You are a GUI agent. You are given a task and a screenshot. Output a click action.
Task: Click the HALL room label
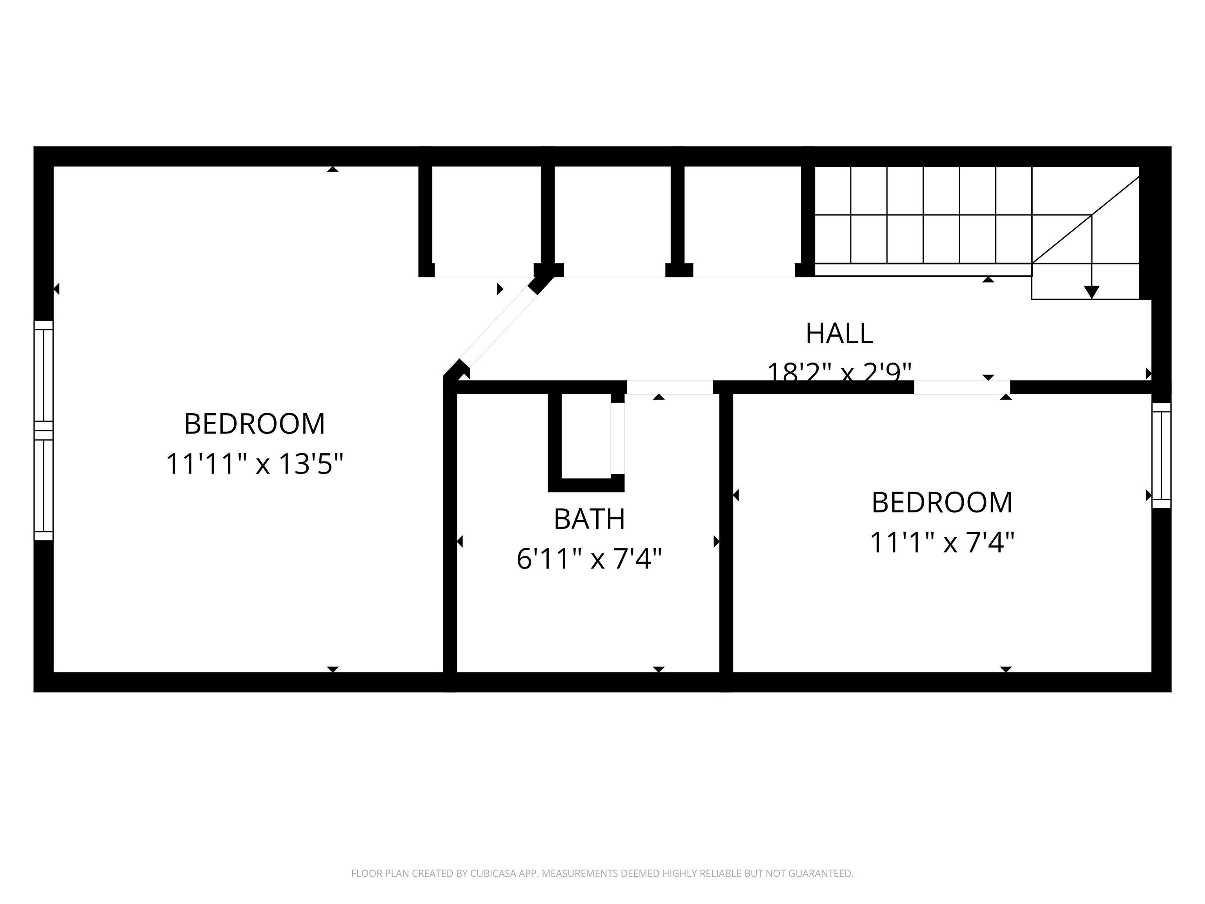pos(839,334)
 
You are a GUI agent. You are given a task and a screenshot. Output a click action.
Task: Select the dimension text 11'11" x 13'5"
pos(255,464)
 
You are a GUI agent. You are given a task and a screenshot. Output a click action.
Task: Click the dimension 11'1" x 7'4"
pos(942,543)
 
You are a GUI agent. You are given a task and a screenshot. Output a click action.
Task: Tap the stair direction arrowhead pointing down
pos(1091,292)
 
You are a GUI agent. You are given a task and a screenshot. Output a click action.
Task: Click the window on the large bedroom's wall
pos(44,430)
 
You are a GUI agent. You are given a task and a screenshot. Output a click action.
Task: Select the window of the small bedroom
pos(1161,456)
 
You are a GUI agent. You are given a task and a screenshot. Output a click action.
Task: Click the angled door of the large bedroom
pos(499,326)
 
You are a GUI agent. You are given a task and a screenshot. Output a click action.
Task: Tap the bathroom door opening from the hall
pos(670,387)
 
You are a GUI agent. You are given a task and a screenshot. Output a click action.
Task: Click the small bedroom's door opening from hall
pos(961,387)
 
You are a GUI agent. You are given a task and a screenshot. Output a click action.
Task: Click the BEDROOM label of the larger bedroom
pos(255,424)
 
